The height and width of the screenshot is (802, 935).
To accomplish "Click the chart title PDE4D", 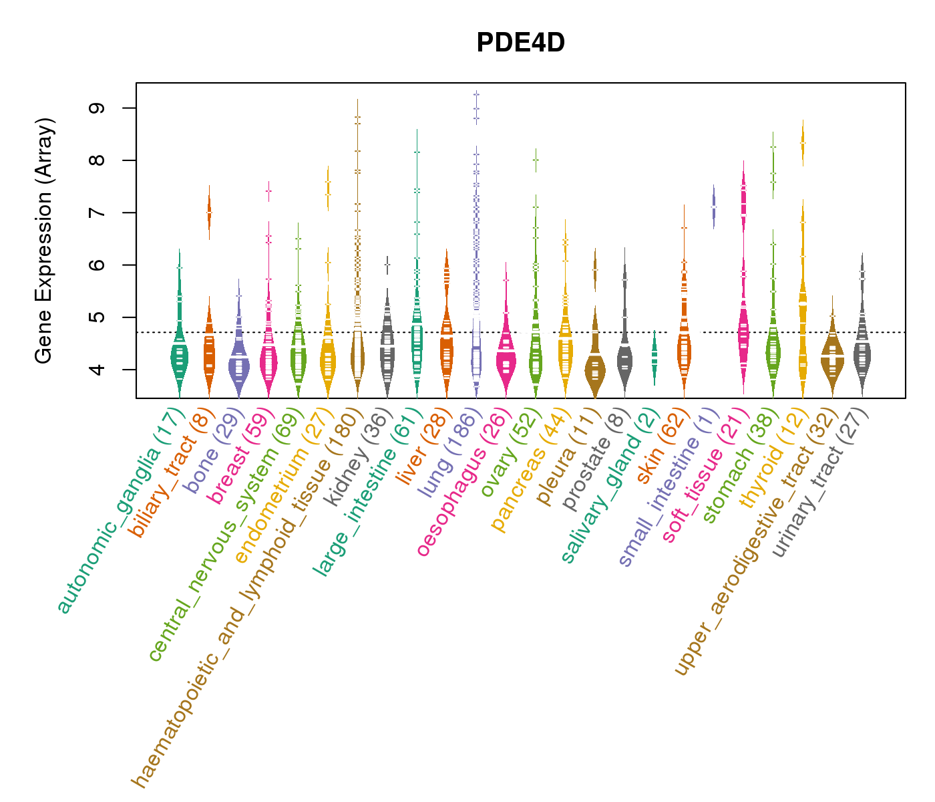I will (520, 43).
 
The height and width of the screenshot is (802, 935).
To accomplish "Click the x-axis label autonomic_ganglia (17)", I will (118, 511).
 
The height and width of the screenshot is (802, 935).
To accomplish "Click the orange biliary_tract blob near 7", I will (209, 213).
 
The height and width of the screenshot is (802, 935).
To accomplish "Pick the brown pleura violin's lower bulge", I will (595, 372).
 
